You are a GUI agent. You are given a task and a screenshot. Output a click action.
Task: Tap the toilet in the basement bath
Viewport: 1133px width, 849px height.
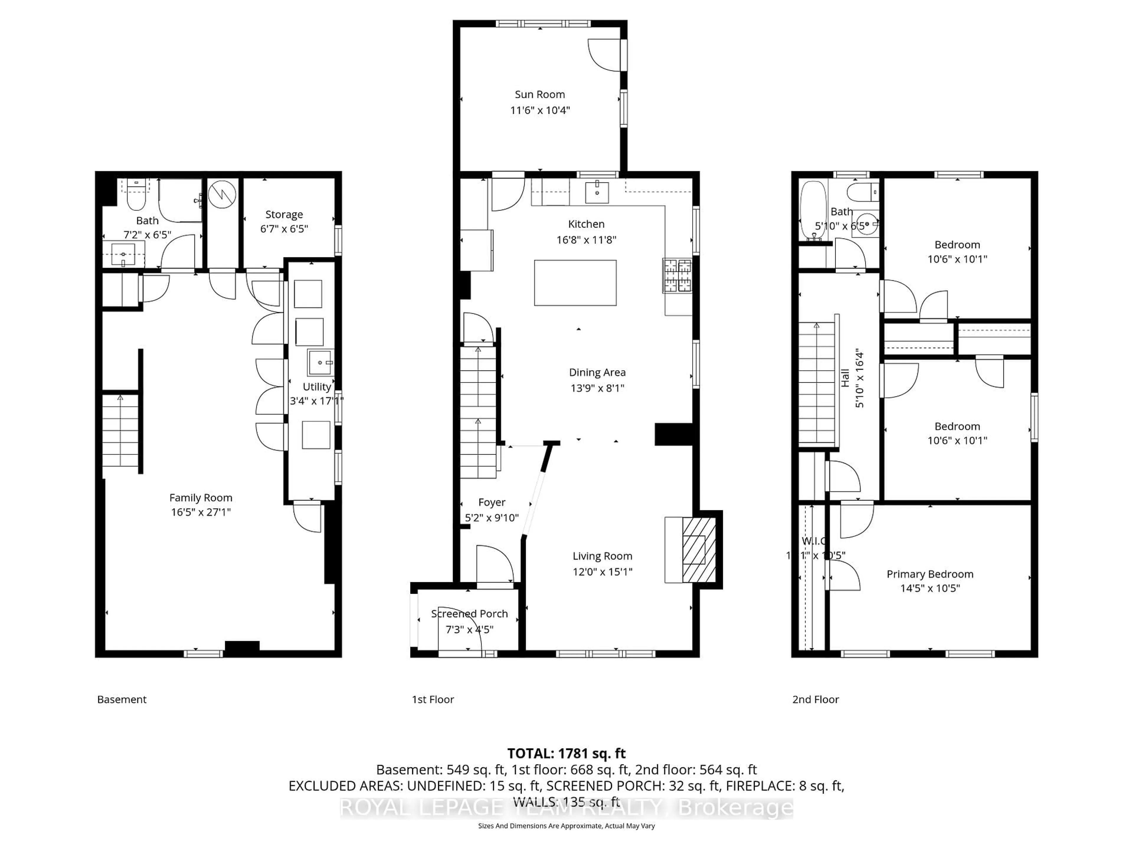[x=136, y=197]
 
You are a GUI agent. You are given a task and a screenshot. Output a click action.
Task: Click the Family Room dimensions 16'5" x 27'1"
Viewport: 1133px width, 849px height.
[x=201, y=512]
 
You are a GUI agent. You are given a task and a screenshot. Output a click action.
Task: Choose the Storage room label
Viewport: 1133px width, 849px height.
[x=284, y=214]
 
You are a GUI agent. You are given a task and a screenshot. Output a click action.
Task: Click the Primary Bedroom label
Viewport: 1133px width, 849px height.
[x=930, y=574]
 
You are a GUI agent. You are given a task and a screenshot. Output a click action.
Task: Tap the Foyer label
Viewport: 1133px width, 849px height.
[x=492, y=503]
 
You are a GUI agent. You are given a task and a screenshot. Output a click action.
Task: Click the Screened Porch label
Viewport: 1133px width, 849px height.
[x=469, y=613]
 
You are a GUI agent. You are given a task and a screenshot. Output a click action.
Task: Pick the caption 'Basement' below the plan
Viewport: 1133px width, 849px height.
[x=122, y=700]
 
